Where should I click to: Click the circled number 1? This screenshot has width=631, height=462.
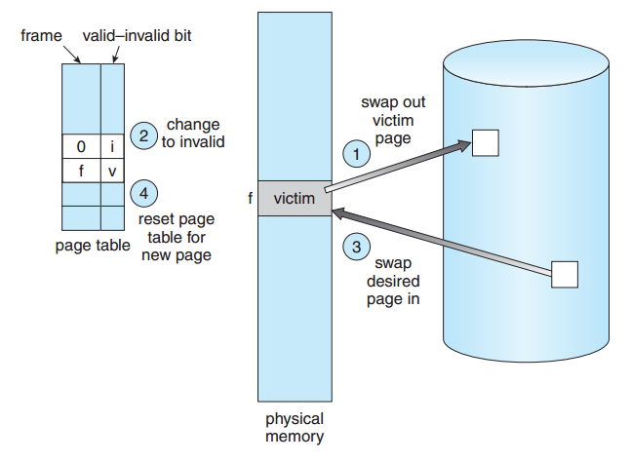point(357,154)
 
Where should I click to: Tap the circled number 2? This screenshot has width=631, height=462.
point(143,135)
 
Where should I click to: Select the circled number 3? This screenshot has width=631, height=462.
point(357,247)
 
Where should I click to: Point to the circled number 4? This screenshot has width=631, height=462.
point(143,193)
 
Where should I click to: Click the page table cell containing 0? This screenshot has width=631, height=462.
point(81,146)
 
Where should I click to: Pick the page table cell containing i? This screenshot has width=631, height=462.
point(112,146)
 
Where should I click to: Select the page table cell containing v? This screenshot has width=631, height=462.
point(112,171)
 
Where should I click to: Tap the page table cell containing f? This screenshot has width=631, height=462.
point(81,171)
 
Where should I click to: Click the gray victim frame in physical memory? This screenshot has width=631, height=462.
point(295,198)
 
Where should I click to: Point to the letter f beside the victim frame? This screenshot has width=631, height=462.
point(251,198)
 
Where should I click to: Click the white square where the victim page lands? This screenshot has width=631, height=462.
point(486,142)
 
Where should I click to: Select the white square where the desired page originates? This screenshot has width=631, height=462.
point(565,275)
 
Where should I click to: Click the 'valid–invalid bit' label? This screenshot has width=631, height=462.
point(137,36)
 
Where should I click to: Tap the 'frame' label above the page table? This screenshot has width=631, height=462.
point(42,36)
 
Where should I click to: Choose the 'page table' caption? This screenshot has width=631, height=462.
point(93,246)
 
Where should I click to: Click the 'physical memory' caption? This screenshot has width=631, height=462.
point(295,428)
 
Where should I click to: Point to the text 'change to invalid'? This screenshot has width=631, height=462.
point(193,134)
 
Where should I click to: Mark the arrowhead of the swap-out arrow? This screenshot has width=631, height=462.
point(463,145)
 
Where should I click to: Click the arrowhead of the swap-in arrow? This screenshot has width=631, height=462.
point(339,213)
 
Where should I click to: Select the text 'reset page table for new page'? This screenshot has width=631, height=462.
point(177,237)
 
